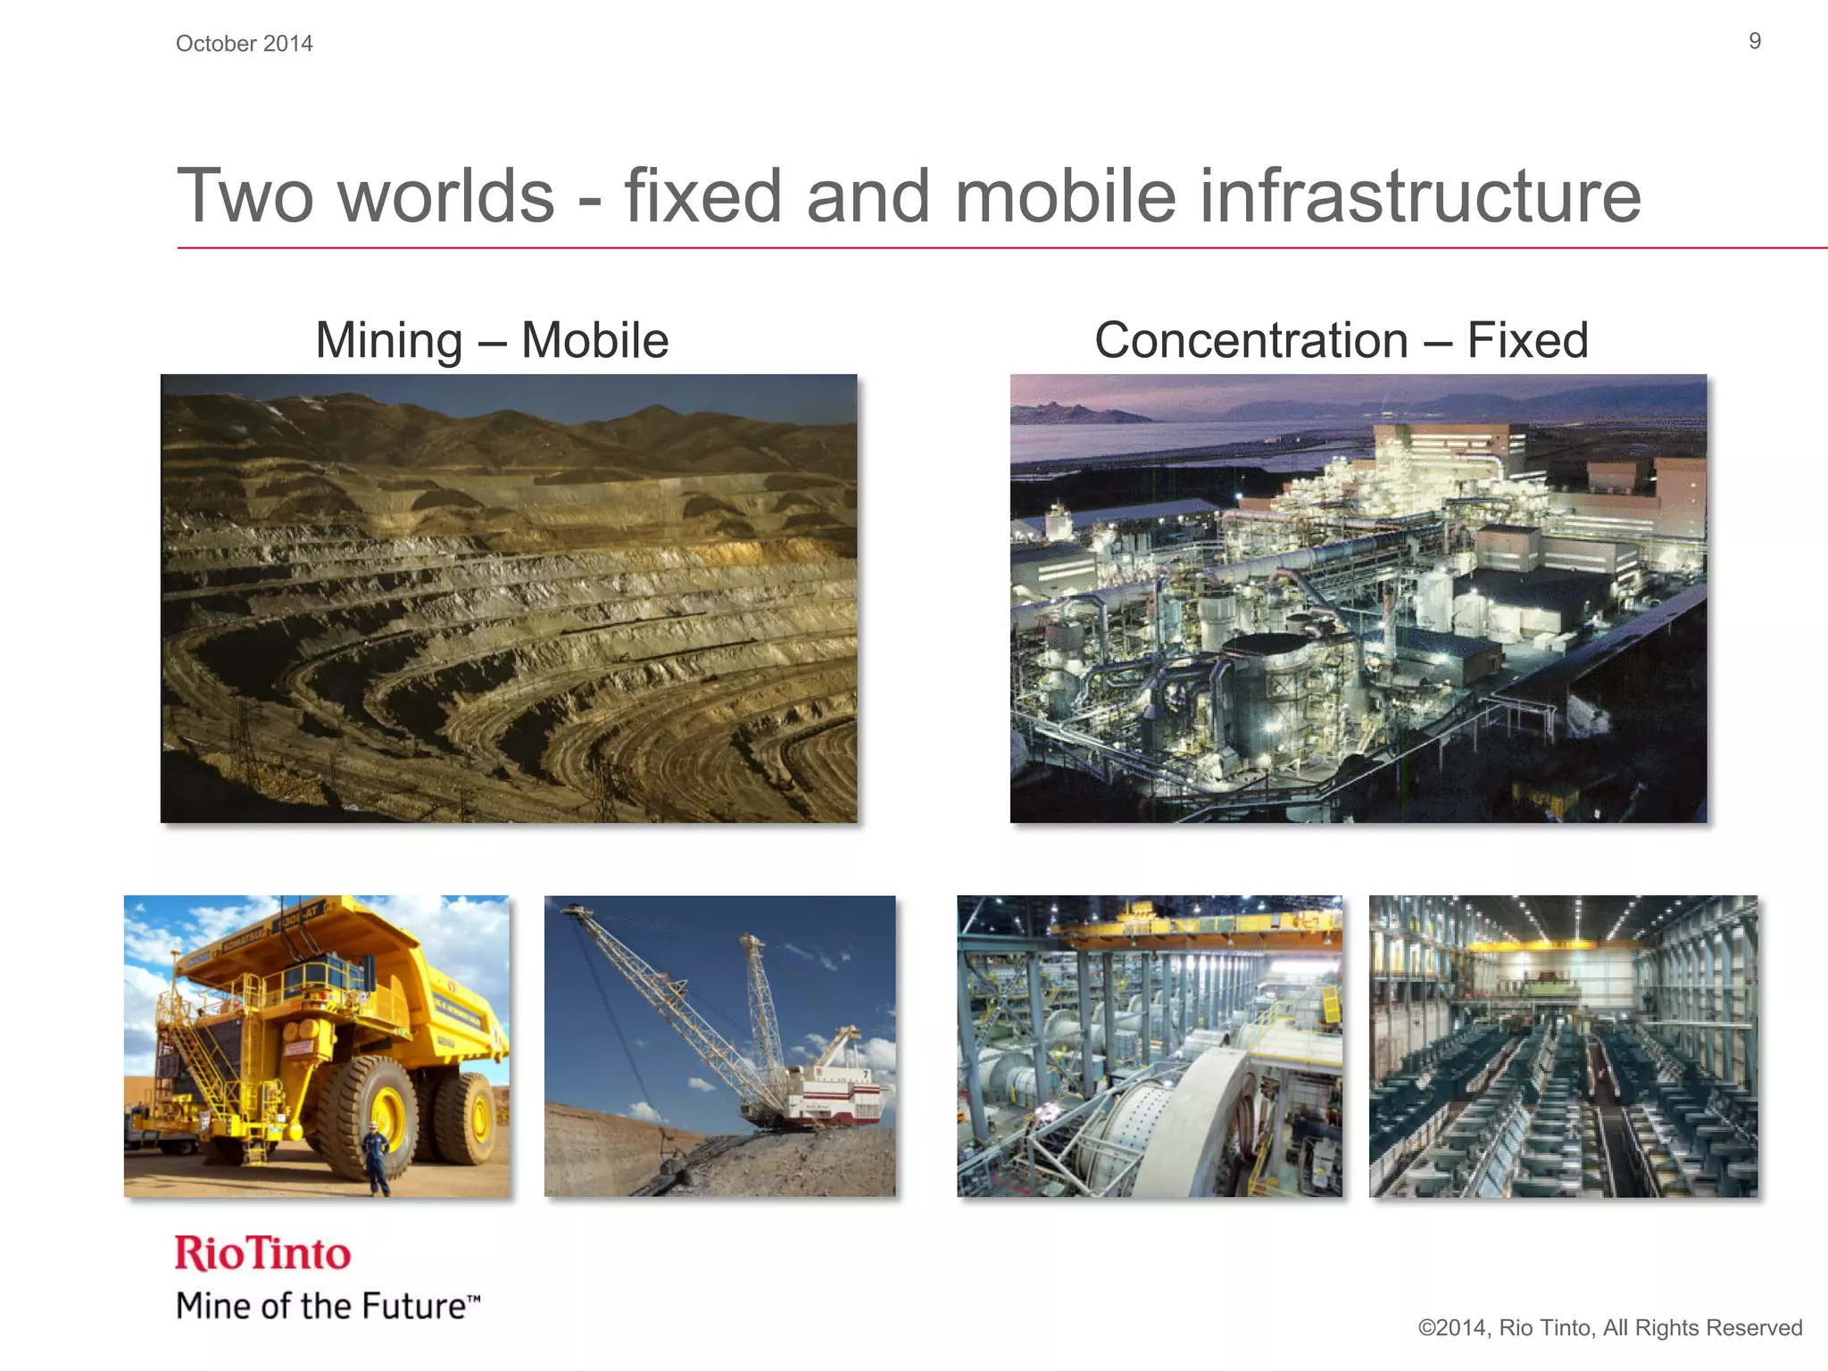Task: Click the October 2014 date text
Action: [x=244, y=44]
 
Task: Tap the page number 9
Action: [x=1754, y=41]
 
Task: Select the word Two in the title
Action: [x=246, y=195]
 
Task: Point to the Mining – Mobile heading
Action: [x=492, y=340]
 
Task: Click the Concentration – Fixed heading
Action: [x=1341, y=340]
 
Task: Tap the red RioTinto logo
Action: [x=262, y=1253]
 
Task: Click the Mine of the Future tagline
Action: [x=328, y=1306]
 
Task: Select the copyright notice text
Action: [x=1609, y=1327]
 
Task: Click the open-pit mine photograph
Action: [x=509, y=598]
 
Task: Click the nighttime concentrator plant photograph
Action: [x=1358, y=598]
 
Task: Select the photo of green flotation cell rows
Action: [x=1563, y=1046]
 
